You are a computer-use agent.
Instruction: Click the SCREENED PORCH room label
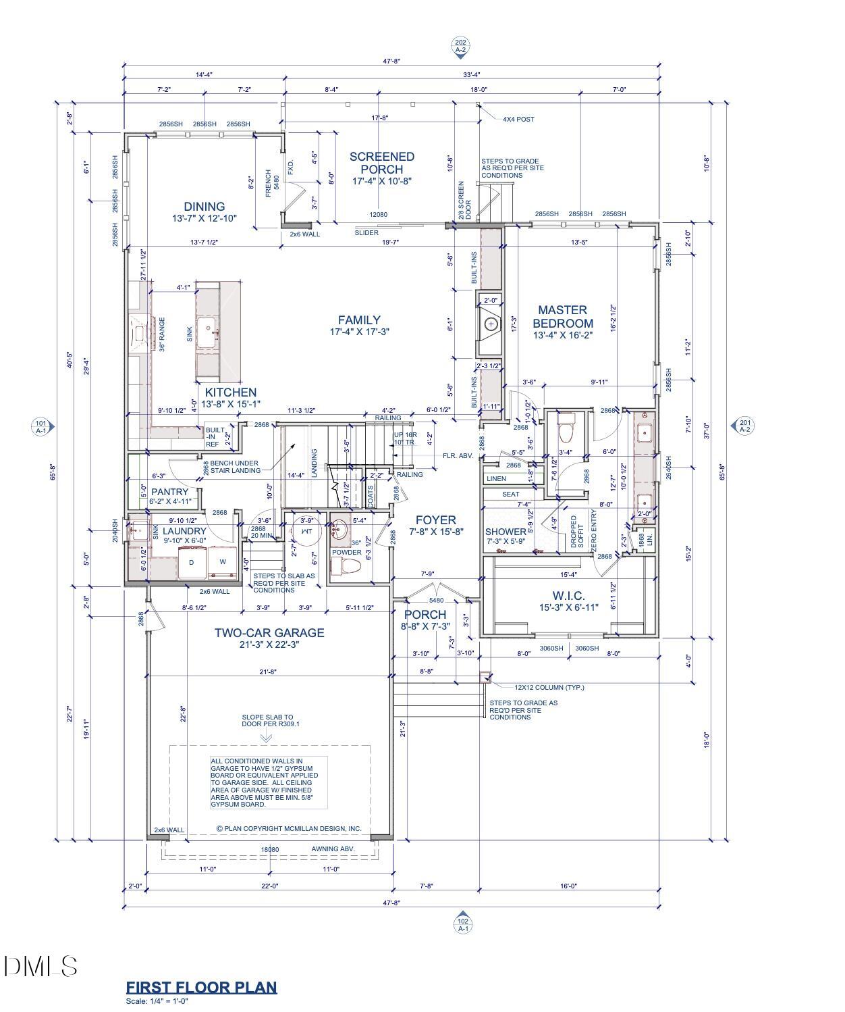coord(381,163)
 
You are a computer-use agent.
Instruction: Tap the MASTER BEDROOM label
coord(562,316)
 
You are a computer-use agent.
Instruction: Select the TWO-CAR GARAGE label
coord(269,633)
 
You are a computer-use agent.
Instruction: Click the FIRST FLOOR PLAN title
coord(201,987)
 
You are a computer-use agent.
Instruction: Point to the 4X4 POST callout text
coord(518,120)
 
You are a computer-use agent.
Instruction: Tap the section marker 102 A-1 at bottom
coord(463,924)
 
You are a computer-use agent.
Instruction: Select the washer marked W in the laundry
coord(222,562)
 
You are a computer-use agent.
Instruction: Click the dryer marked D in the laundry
coord(192,562)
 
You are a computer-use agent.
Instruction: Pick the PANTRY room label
coord(169,492)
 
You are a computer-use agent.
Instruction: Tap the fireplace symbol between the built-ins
coord(491,324)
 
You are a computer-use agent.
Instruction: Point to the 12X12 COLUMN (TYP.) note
coord(549,688)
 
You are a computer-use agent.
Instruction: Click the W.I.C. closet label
coord(568,596)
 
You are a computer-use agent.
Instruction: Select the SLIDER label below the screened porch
coord(366,233)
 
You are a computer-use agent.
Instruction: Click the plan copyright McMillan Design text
coord(288,828)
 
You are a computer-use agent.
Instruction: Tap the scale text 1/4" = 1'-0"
coord(157,1001)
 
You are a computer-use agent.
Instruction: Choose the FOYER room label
coord(435,520)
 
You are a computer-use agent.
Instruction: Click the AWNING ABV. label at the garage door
coord(333,849)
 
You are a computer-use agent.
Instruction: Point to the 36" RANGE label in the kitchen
coord(162,334)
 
